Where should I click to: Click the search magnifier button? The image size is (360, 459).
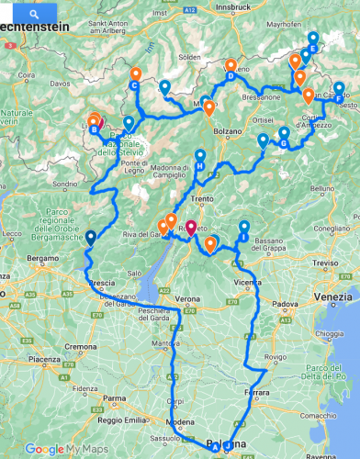pos(34,15)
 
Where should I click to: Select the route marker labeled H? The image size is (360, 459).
pos(199,165)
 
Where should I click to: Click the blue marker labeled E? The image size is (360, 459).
pos(313,48)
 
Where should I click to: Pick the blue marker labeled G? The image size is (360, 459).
pos(284,143)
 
